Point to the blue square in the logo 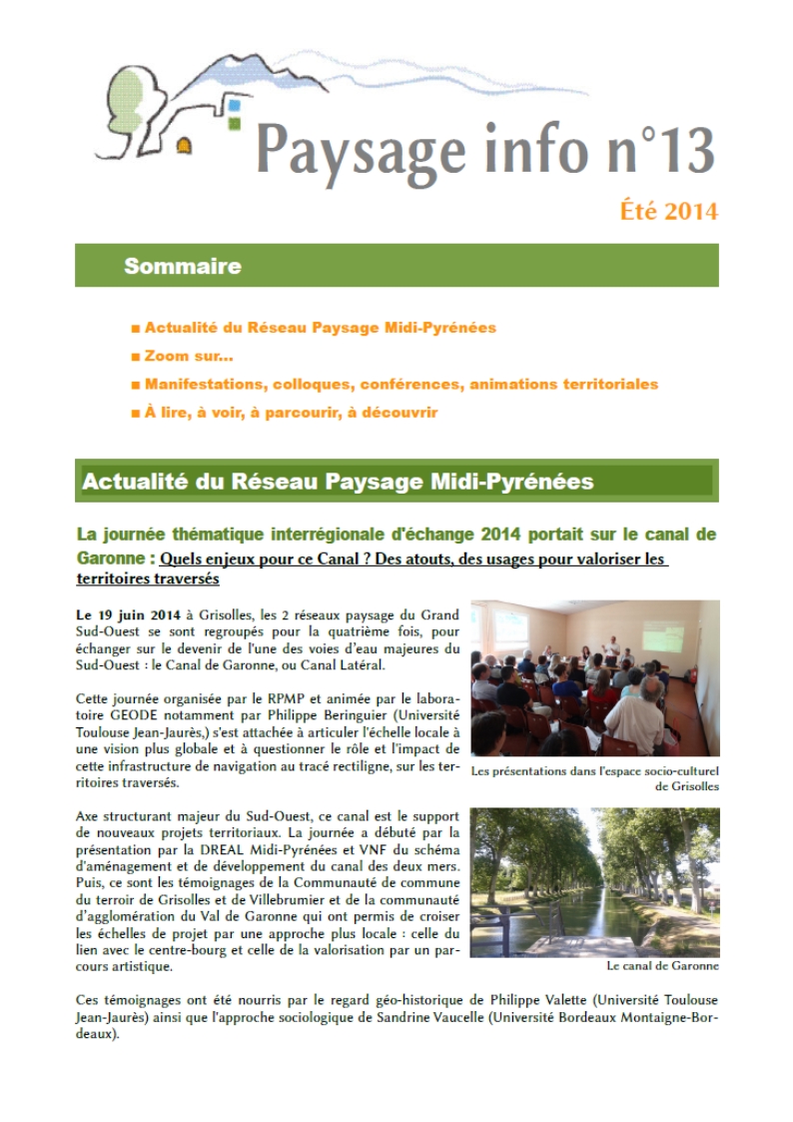coord(235,105)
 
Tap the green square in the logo coord(234,123)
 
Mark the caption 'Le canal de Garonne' coord(662,966)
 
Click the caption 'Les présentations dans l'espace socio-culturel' coord(594,770)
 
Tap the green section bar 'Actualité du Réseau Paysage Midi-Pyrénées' coord(396,482)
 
